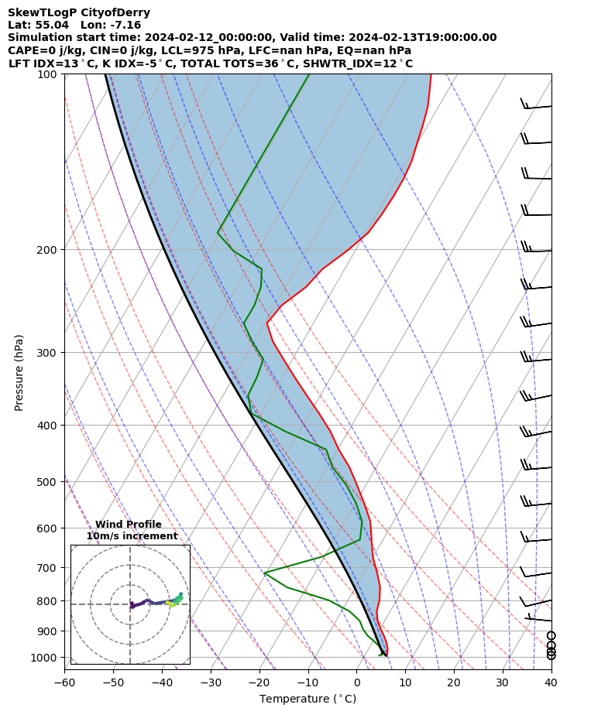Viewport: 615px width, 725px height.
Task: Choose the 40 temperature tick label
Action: (x=551, y=682)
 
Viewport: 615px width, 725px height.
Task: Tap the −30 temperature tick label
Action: (x=210, y=682)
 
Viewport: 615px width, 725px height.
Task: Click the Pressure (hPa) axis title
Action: (x=19, y=372)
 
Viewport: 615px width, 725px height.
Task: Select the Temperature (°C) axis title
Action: (x=307, y=699)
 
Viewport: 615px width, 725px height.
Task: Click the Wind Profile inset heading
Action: (x=129, y=525)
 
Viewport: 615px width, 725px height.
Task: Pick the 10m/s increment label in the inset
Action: (x=132, y=536)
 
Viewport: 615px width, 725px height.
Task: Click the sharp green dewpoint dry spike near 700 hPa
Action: (x=264, y=573)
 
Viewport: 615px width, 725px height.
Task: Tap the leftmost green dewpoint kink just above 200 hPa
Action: (x=218, y=232)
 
